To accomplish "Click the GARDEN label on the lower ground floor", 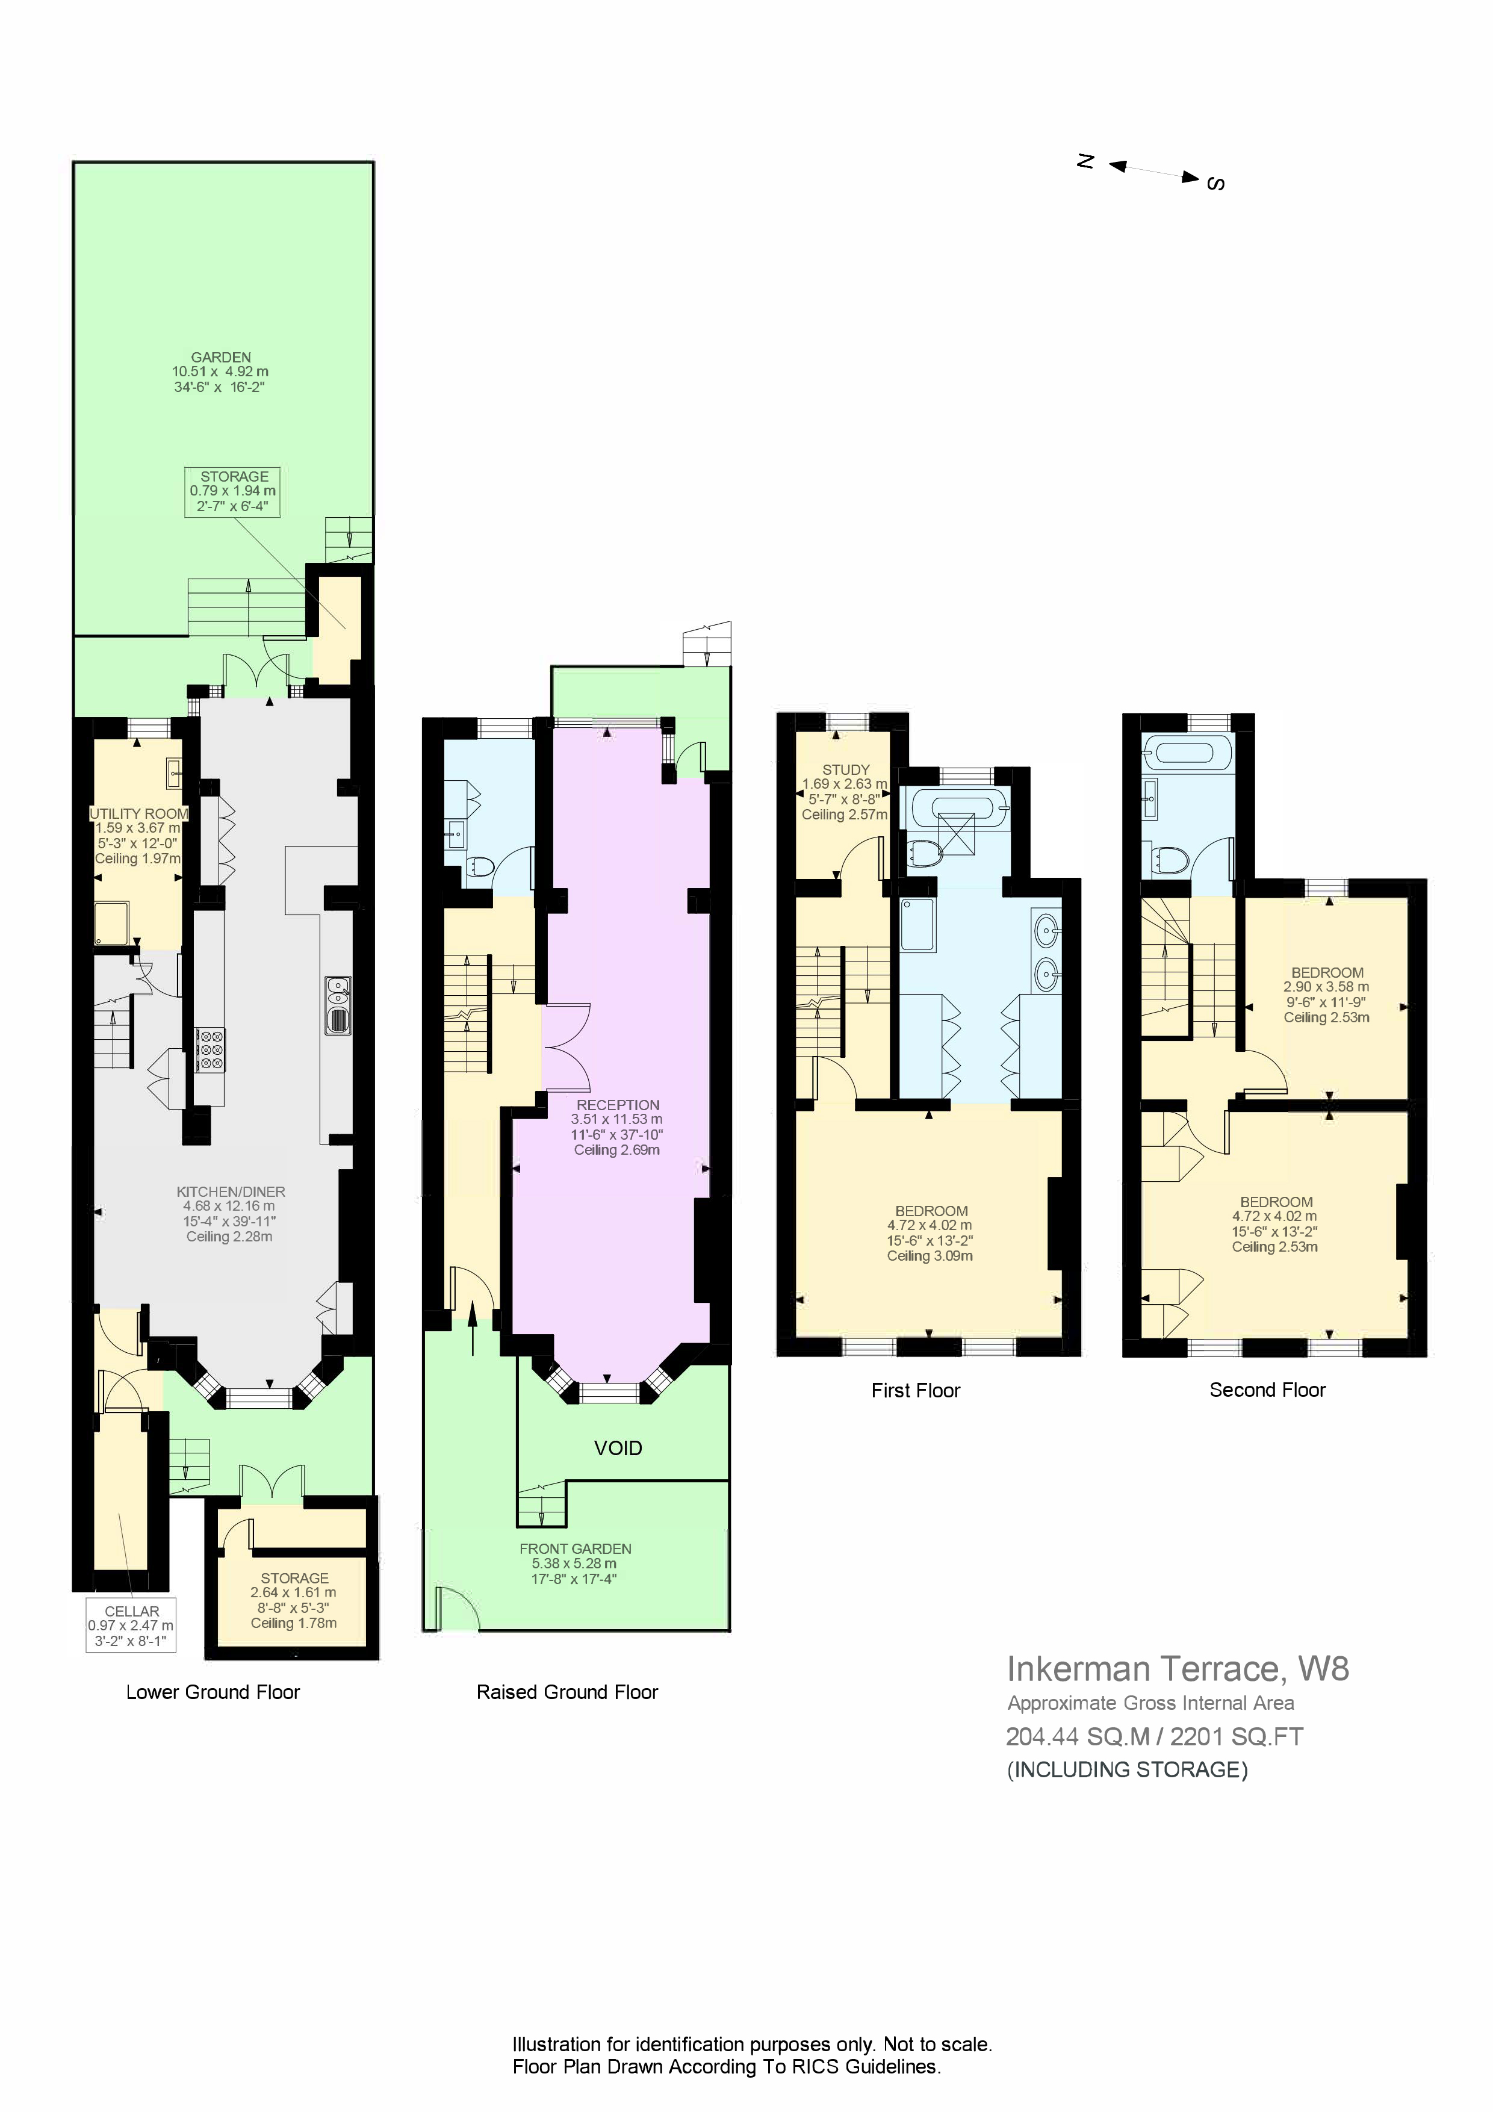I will coord(221,357).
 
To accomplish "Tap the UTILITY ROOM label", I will coord(139,813).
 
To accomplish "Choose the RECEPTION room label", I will coord(618,1105).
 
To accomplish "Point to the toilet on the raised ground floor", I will coord(479,866).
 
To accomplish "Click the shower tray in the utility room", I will coord(111,924).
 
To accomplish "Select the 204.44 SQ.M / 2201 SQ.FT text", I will coord(1155,1737).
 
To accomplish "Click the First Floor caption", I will coord(915,1391).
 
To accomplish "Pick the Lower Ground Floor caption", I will coord(213,1692).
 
